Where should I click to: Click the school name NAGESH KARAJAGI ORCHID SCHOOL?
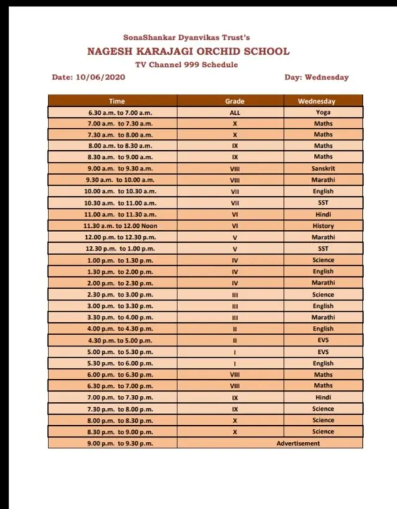[x=188, y=51]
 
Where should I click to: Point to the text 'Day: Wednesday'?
[x=316, y=77]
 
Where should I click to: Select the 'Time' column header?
[x=117, y=101]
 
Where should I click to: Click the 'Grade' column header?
[x=234, y=101]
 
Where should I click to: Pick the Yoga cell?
[x=323, y=112]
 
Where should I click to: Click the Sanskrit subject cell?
[x=323, y=168]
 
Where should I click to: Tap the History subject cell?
[x=323, y=226]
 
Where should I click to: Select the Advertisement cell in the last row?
[x=298, y=443]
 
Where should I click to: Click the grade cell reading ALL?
[x=234, y=112]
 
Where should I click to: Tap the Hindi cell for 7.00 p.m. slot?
[x=323, y=397]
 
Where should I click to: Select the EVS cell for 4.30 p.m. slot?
[x=323, y=340]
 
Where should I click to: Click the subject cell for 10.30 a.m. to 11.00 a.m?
[x=323, y=202]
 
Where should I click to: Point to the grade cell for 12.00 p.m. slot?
[x=234, y=236]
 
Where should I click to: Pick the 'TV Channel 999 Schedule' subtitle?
[x=186, y=65]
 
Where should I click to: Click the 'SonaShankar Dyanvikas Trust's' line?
[x=186, y=38]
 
